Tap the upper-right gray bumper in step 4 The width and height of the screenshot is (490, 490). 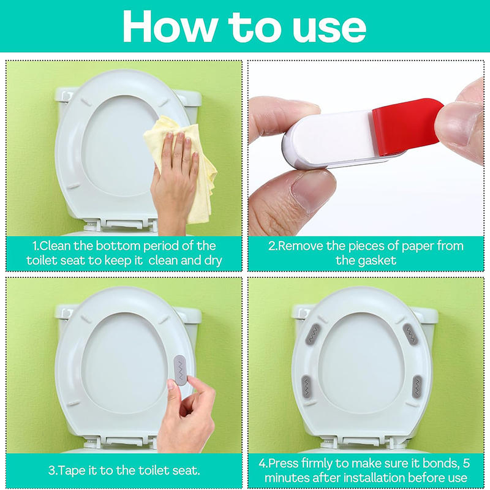tap(410, 333)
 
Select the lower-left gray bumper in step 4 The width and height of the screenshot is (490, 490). tap(308, 386)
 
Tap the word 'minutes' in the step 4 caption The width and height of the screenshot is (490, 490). tap(287, 477)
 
